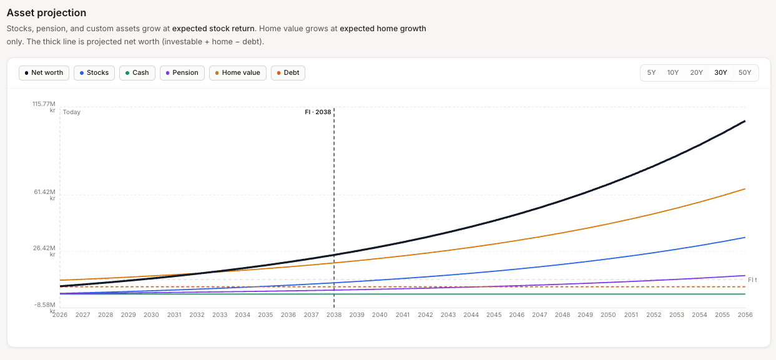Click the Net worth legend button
coord(44,73)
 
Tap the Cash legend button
coord(137,73)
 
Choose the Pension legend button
coord(182,73)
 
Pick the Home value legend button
coord(237,73)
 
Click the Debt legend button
coord(288,73)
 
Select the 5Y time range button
coord(651,73)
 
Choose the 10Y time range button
coord(672,73)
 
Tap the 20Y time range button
coord(696,73)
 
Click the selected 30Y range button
coord(720,73)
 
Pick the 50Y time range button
coord(745,73)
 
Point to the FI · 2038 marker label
coord(318,112)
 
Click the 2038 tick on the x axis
coord(334,315)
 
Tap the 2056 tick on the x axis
coord(744,315)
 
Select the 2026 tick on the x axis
coord(60,315)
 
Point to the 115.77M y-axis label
coord(44,104)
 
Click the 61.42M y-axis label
coord(44,192)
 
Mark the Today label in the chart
coord(72,112)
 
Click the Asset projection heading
coord(46,13)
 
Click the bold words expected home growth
coord(383,29)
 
